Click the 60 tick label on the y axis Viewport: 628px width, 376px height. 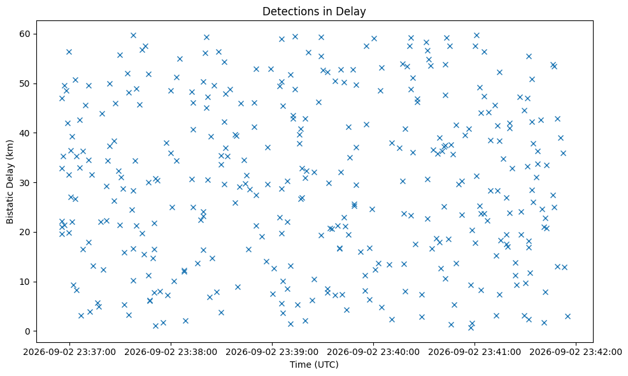click(25, 34)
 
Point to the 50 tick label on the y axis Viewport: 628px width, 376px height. click(25, 83)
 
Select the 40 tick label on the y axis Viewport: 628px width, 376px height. click(25, 133)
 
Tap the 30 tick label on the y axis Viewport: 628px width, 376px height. click(25, 183)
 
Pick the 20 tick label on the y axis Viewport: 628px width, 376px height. click(25, 232)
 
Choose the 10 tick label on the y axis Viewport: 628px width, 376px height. click(25, 282)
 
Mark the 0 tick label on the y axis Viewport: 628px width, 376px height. click(27, 331)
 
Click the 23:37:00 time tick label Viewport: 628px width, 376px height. click(69, 352)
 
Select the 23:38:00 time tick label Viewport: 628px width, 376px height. click(171, 352)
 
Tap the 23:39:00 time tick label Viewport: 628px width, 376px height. click(273, 352)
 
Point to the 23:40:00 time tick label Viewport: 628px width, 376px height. click(374, 352)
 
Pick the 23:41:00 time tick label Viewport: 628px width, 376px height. click(475, 352)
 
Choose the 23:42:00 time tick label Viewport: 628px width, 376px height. click(576, 352)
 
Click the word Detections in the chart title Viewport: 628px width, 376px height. click(287, 11)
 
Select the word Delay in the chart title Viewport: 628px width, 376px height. click(352, 12)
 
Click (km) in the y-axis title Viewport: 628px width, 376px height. click(10, 149)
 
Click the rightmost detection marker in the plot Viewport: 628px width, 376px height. click(567, 316)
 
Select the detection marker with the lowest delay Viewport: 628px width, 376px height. click(471, 328)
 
